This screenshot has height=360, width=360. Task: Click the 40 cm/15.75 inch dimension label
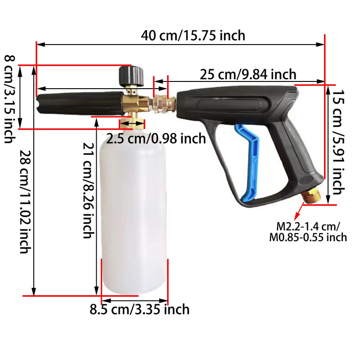point(193,35)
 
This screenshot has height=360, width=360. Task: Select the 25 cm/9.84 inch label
point(248,74)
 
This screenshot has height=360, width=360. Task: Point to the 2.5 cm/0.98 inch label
point(156,138)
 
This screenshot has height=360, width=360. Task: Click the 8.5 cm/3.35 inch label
point(139,310)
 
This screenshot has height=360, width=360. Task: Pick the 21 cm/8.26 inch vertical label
point(88,189)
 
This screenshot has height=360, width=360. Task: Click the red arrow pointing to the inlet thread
point(297,212)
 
